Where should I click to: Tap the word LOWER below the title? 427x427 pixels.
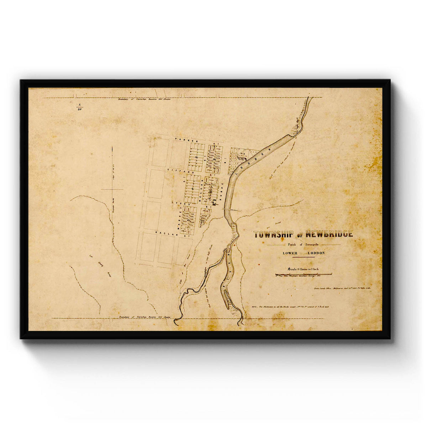tap(290, 253)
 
